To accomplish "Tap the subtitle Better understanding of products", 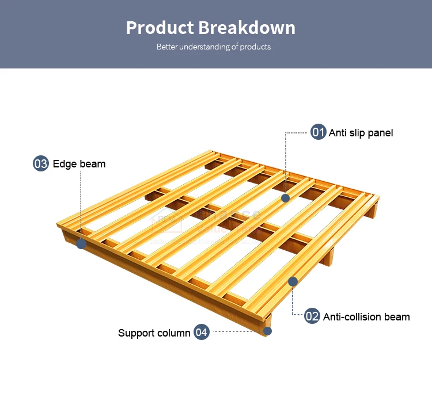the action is [214, 47].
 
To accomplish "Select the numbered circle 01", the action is [319, 132].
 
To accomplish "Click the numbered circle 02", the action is [312, 316].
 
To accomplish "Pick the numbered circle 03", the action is [41, 163].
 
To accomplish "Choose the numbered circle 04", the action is [201, 332].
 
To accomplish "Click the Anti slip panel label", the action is [361, 133].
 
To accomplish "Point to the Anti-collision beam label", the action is [366, 316].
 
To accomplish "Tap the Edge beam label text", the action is [79, 164].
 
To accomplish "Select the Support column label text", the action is [154, 333].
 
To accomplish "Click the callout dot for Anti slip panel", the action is [285, 198].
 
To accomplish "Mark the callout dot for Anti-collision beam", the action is [293, 281].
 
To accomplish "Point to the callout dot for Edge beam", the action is [81, 244].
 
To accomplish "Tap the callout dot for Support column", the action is [267, 331].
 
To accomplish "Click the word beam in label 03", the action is [92, 164].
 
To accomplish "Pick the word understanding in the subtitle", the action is [204, 47].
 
